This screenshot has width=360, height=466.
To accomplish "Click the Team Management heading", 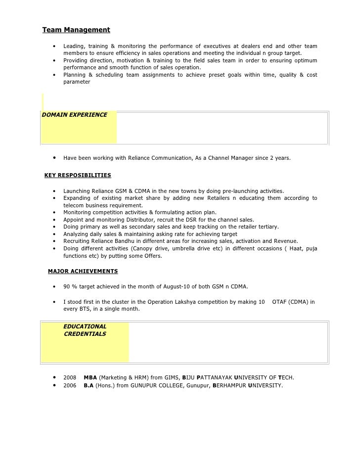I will click(76, 30).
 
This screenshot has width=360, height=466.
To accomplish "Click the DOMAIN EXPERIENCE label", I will click(75, 115).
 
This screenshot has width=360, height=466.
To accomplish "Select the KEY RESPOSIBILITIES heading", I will click(78, 175).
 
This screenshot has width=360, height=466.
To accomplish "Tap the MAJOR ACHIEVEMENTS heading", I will click(83, 271).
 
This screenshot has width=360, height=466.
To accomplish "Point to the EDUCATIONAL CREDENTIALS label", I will click(85, 330).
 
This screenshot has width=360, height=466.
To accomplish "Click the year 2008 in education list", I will click(70, 377).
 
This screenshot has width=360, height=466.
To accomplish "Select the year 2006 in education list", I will click(70, 385).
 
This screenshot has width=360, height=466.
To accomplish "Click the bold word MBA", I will click(90, 377).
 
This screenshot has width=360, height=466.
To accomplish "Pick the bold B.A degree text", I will click(89, 385).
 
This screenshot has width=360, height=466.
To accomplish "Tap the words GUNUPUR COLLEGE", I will click(156, 385).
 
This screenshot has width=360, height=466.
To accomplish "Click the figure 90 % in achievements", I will click(70, 286).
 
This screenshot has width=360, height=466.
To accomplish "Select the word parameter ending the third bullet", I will click(77, 82).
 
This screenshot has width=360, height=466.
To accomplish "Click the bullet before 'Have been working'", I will click(53, 158).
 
